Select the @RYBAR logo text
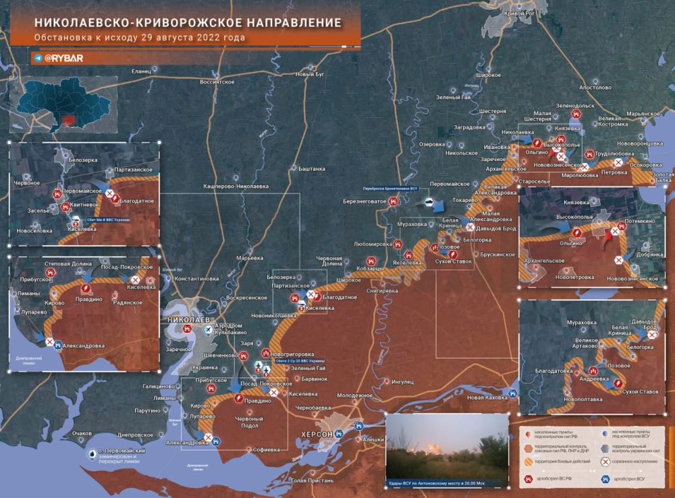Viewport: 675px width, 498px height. pos(63,59)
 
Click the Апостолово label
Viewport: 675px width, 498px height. pos(595,88)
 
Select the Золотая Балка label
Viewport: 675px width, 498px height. pos(662,177)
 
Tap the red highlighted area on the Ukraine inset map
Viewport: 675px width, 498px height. pos(68,121)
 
